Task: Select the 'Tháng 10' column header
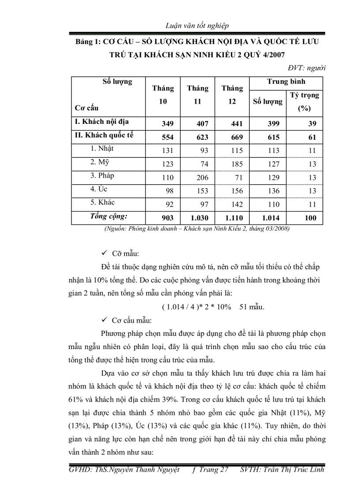pos(163,95)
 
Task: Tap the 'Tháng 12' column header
pos(232,95)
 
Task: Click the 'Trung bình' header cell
pos(286,82)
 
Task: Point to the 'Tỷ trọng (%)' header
pos(304,101)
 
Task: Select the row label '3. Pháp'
pos(102,175)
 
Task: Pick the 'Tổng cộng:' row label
pos(109,216)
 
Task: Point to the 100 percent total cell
pos(310,218)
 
